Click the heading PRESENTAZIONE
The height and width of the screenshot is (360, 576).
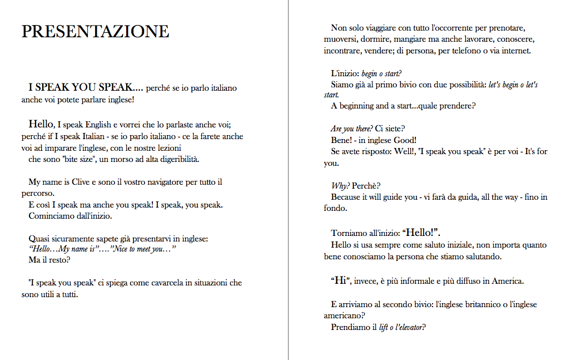point(95,31)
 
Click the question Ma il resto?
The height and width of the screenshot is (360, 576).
point(49,260)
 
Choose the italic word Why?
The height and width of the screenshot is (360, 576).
point(340,185)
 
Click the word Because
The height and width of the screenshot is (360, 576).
point(349,197)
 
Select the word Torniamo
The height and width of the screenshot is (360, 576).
point(349,233)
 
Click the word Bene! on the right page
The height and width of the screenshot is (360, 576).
point(342,140)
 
